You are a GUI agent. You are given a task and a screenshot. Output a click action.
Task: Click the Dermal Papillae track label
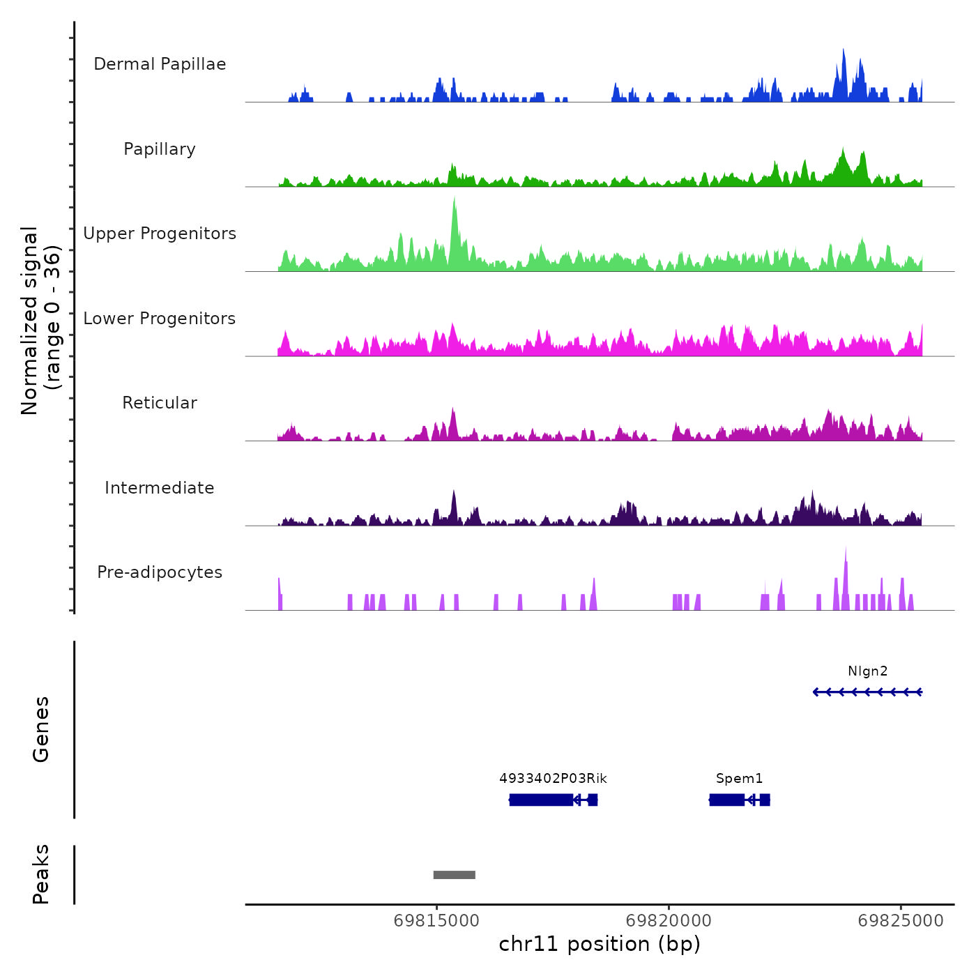[x=160, y=64]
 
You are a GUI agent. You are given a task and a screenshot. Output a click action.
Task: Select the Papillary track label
[x=160, y=149]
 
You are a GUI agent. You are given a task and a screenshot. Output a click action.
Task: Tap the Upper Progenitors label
[x=160, y=234]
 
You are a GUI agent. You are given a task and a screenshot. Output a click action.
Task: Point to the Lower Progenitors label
[x=160, y=319]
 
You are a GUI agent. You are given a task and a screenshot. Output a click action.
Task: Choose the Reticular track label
[x=160, y=403]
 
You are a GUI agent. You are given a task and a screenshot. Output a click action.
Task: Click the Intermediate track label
[x=160, y=488]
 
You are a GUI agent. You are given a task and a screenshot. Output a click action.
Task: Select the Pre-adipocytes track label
[x=160, y=572]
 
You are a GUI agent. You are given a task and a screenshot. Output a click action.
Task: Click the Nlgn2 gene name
[x=867, y=671]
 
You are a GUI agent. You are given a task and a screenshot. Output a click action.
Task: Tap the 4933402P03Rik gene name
[x=553, y=779]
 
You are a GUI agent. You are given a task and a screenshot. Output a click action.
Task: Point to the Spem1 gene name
[x=739, y=779]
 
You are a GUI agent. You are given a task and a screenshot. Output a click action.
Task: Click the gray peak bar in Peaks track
[x=454, y=875]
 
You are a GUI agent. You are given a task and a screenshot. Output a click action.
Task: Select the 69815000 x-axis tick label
[x=436, y=921]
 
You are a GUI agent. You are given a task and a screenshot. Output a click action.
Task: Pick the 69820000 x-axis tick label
[x=669, y=921]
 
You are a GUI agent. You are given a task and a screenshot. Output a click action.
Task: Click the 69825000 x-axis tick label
[x=901, y=921]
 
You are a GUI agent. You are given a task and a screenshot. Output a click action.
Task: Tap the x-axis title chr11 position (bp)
[x=600, y=944]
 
